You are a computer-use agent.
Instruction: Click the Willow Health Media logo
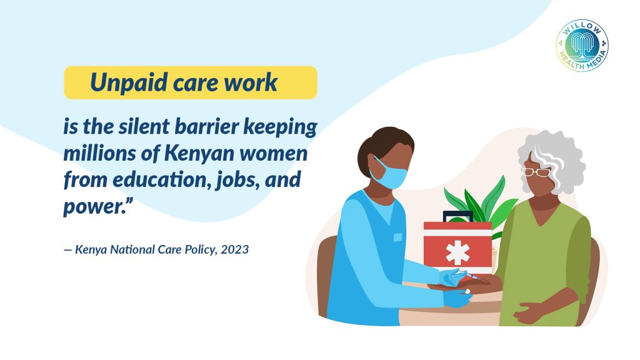click(x=582, y=45)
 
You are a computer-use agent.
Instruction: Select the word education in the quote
click(x=161, y=179)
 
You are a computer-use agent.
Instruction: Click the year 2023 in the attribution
click(x=235, y=249)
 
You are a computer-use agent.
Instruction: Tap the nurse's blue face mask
click(x=390, y=174)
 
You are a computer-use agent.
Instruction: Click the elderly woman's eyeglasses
click(x=536, y=172)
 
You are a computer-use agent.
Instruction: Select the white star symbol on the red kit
click(x=457, y=252)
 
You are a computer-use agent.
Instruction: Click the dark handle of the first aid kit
click(x=458, y=216)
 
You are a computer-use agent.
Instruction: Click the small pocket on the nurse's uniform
click(x=397, y=237)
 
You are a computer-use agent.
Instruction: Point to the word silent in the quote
click(x=144, y=126)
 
